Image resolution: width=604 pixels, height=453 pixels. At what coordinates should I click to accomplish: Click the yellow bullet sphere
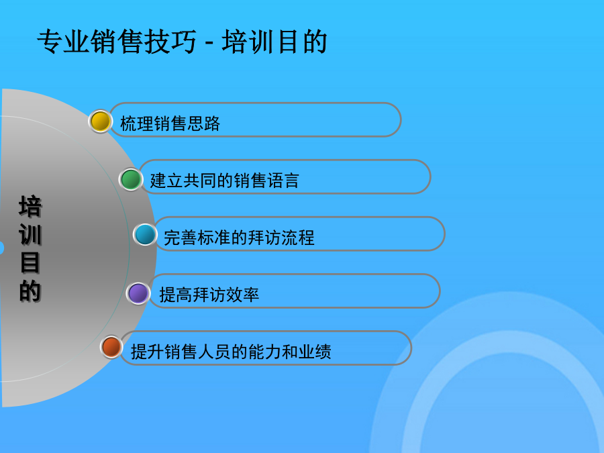pos(100,121)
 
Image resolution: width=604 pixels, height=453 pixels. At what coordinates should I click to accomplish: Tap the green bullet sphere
pos(131,179)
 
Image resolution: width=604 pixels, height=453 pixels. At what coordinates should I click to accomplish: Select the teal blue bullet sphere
pos(145,234)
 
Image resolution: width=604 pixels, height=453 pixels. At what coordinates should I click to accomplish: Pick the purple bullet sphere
pos(138,293)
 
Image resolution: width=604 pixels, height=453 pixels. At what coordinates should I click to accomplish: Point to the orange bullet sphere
pos(111,347)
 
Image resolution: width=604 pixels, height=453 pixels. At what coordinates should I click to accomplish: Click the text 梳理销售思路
pos(170,123)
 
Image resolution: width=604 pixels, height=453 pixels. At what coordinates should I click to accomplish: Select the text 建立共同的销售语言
pos(225,181)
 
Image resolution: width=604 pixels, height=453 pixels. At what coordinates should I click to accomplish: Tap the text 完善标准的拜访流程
pos(239,238)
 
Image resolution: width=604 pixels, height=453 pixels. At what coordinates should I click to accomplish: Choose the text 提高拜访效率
pos(209,295)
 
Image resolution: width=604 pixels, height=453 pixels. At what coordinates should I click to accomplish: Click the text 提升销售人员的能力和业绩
pos(231,352)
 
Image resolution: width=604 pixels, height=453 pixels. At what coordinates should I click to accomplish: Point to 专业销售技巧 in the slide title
pos(117,41)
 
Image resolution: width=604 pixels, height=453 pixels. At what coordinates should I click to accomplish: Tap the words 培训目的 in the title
pos(274,41)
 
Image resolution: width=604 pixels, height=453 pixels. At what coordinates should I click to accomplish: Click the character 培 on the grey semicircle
pos(30,206)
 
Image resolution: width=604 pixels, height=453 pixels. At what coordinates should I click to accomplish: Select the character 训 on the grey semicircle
pos(30,234)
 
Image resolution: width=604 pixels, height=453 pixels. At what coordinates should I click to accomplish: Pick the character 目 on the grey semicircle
pos(30,262)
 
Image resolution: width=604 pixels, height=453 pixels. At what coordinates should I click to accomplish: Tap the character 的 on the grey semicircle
pos(30,291)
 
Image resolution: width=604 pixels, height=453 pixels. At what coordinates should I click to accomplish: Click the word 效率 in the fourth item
pos(243,295)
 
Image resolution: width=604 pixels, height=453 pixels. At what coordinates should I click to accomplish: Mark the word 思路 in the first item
pos(203,123)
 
